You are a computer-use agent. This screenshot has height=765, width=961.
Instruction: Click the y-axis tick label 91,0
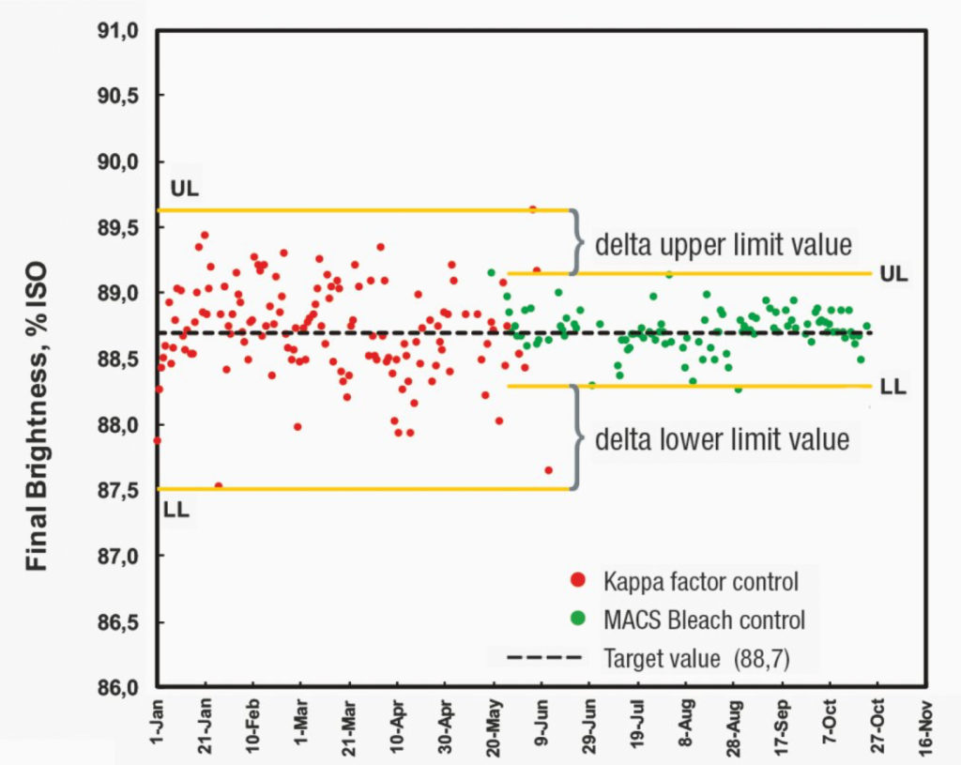120,31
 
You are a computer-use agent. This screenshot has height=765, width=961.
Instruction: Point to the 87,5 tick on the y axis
120,491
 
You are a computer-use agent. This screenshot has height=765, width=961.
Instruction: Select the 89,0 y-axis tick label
120,294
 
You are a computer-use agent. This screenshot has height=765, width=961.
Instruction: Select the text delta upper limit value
724,245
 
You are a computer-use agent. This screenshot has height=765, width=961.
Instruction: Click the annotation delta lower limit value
722,438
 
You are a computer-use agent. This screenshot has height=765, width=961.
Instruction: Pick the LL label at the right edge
892,387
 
